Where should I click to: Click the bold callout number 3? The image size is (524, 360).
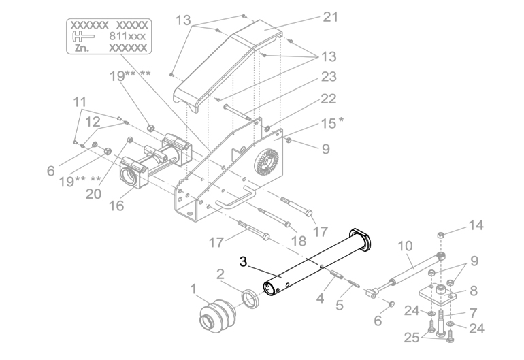pyautogui.click(x=244, y=262)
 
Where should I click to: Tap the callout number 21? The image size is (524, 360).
pyautogui.click(x=330, y=17)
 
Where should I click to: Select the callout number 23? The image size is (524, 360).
pyautogui.click(x=329, y=77)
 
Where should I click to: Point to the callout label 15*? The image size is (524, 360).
pyautogui.click(x=332, y=123)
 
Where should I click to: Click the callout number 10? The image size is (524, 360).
pyautogui.click(x=405, y=246)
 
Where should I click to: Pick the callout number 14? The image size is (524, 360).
pyautogui.click(x=476, y=225)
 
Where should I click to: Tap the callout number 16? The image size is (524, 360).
pyautogui.click(x=116, y=206)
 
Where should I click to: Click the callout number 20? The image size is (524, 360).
pyautogui.click(x=94, y=194)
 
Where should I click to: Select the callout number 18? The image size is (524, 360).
pyautogui.click(x=299, y=240)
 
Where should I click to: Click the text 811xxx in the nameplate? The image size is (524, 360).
pyautogui.click(x=127, y=36)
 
